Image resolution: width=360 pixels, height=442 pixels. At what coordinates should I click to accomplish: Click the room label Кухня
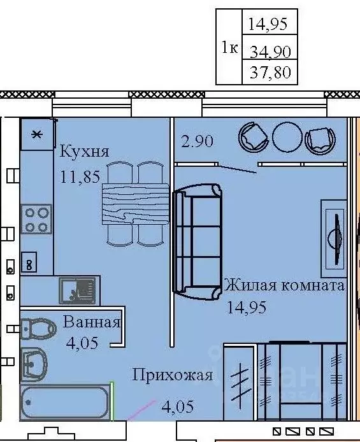(x=84, y=152)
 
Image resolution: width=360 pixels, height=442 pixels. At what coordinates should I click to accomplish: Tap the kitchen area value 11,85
(x=80, y=177)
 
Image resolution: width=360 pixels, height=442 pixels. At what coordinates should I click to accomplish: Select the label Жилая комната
(x=284, y=285)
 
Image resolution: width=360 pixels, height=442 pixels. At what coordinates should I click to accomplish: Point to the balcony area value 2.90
(x=197, y=141)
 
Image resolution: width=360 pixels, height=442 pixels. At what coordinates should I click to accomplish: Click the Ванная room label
(x=92, y=322)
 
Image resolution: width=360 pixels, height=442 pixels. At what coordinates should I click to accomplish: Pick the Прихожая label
(x=173, y=376)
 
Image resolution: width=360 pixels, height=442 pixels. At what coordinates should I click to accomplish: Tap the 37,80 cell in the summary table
(x=270, y=72)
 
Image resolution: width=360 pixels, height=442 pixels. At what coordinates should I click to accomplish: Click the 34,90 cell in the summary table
(x=270, y=52)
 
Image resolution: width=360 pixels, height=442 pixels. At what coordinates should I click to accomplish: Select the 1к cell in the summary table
(x=229, y=47)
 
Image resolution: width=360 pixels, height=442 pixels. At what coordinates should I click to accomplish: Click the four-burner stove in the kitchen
(x=37, y=219)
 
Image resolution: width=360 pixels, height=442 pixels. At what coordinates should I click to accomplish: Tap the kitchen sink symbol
(x=78, y=290)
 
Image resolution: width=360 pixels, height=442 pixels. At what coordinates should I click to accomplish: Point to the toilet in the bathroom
(x=38, y=329)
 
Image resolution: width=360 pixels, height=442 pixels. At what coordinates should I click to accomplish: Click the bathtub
(x=65, y=403)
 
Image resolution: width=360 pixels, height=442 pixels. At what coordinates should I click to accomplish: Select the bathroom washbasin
(x=34, y=364)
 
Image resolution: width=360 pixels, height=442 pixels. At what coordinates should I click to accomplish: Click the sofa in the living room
(x=197, y=241)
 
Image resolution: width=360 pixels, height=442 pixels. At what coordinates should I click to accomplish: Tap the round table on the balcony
(x=287, y=138)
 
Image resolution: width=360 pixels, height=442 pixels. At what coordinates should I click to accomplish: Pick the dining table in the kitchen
(x=135, y=204)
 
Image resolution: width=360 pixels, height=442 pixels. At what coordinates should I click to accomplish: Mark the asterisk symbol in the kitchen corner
(x=37, y=134)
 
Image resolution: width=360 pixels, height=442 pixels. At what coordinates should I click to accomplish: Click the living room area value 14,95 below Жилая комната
(x=247, y=307)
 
